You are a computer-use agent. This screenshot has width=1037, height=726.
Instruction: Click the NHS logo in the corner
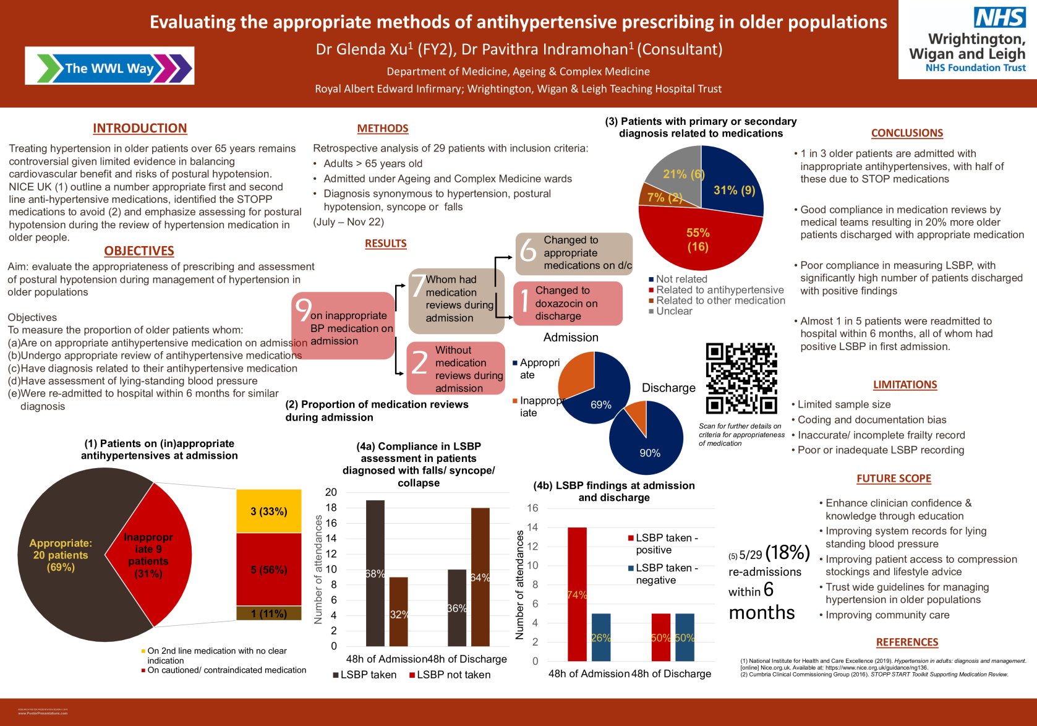[999, 17]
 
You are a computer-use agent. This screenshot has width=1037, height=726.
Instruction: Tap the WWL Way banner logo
[109, 66]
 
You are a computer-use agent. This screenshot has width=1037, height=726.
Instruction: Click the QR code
[741, 378]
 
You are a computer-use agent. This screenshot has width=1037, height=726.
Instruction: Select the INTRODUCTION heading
[140, 128]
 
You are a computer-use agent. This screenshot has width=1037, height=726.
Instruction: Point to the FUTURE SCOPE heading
[894, 478]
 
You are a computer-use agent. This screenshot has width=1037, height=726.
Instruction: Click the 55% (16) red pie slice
[698, 239]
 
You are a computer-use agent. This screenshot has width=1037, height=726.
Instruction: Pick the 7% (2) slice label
[664, 197]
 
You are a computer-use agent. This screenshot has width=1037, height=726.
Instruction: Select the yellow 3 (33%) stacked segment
[269, 511]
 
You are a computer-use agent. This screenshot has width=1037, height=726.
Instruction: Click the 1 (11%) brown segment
[269, 613]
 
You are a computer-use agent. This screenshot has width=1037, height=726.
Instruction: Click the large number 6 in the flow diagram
[528, 251]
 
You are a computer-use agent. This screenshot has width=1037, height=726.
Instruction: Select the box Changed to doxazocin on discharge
[567, 303]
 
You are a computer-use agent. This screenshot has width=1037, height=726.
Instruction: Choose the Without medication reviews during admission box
[456, 369]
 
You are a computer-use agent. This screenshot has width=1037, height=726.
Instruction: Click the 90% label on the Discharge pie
[650, 453]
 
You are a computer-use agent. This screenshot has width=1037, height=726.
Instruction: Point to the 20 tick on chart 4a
[331, 492]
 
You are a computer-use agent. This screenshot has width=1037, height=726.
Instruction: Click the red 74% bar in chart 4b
[577, 594]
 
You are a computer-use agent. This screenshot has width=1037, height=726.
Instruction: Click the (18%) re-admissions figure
[787, 552]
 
